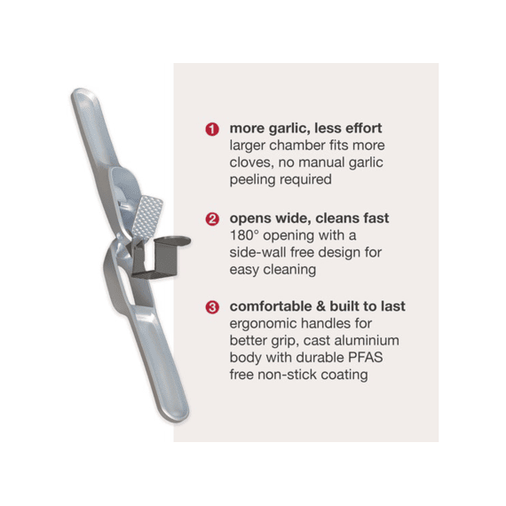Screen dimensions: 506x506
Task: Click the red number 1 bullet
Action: [212, 129]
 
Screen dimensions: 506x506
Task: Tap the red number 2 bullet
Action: [212, 219]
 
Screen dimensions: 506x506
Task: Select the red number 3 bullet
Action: [212, 307]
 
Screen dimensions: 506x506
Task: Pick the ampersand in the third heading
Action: [320, 306]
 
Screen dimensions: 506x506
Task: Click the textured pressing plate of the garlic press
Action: [147, 217]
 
